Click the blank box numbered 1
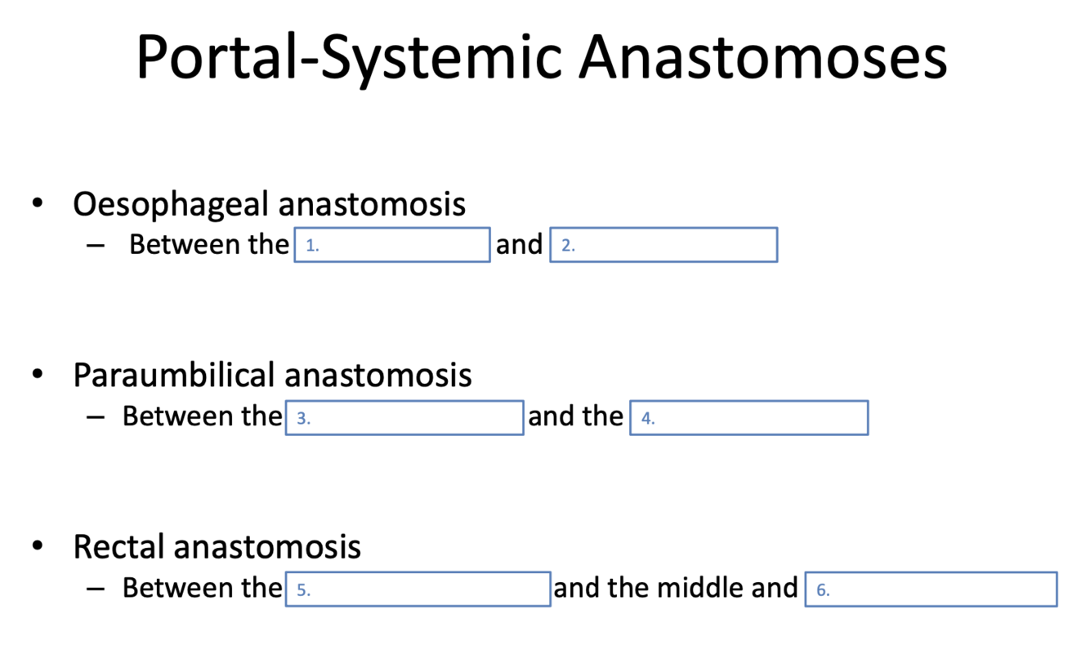[392, 245]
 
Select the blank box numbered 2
[663, 245]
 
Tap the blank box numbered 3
[404, 418]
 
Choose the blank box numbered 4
[748, 418]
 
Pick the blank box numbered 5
[418, 589]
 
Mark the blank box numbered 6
[931, 589]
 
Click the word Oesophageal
[171, 204]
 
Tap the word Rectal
[120, 546]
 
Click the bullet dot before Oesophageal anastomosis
[37, 203]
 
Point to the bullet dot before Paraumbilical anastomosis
[37, 375]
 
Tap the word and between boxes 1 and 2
[520, 244]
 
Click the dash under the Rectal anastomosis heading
[96, 589]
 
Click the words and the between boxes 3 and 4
[576, 416]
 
